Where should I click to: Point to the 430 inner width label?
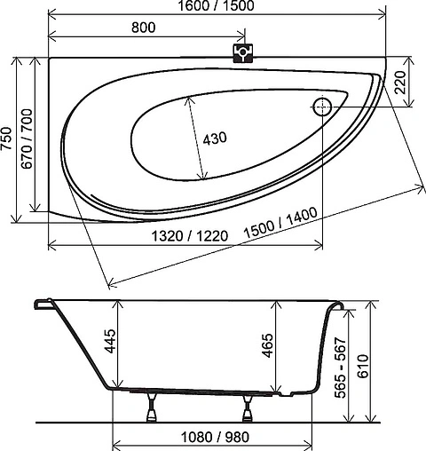(216, 138)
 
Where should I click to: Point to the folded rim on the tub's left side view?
(43, 305)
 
